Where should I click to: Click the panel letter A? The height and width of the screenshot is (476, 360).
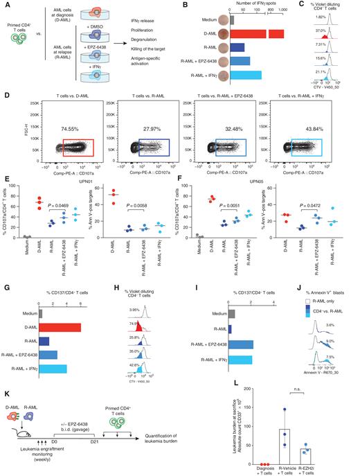click(5, 5)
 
